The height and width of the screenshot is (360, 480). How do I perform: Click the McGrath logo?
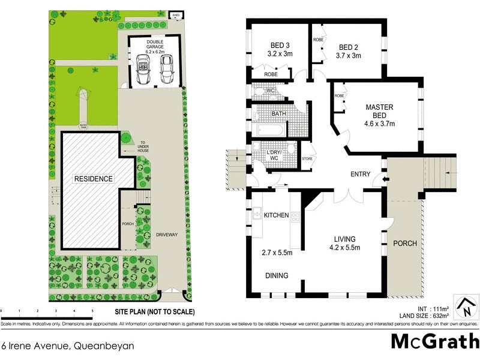[x=434, y=341]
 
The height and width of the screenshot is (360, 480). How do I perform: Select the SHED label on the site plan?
[x=176, y=15]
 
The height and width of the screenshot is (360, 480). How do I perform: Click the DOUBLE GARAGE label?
[x=154, y=43]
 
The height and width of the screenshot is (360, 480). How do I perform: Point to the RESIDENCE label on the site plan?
[x=93, y=179]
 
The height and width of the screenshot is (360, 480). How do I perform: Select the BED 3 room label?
[x=280, y=45]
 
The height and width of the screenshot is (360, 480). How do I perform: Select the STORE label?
[x=307, y=159]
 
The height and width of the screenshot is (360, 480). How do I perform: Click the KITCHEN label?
[x=277, y=215]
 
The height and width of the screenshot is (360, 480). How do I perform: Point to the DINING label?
[x=277, y=275]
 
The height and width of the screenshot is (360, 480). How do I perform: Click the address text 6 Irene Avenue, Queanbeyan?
[x=67, y=346]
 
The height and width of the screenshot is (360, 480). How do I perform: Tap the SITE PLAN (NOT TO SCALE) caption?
[x=155, y=312]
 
